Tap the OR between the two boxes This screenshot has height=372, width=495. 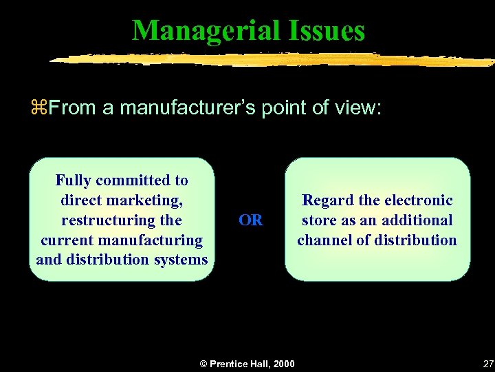click(x=250, y=220)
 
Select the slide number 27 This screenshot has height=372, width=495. click(x=487, y=363)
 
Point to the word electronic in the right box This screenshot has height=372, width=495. click(x=419, y=200)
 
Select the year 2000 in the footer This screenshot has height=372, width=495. click(x=283, y=364)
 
